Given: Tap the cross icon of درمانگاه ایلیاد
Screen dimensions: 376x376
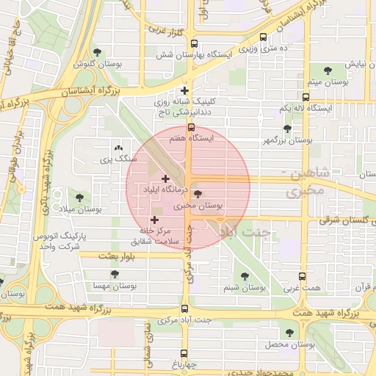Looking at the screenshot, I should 165,178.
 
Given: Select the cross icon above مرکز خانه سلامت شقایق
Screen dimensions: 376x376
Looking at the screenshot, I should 154,219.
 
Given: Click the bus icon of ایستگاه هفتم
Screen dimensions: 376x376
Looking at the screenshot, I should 192,126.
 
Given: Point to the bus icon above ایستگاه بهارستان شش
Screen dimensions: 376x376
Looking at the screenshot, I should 194,43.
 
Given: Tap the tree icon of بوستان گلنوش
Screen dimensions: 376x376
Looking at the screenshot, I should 97,52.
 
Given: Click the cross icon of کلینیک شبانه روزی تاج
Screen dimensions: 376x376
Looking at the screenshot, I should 184,91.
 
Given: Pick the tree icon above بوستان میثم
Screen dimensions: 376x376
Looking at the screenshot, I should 327,70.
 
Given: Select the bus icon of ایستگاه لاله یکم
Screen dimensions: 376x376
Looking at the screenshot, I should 305,97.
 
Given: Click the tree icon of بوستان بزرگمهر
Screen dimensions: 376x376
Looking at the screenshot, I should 287,128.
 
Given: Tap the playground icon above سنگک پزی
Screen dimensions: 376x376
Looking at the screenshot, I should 119,148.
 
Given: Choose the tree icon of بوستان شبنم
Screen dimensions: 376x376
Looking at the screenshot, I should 245,276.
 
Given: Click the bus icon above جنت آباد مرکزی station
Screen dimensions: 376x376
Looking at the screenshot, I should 184,309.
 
